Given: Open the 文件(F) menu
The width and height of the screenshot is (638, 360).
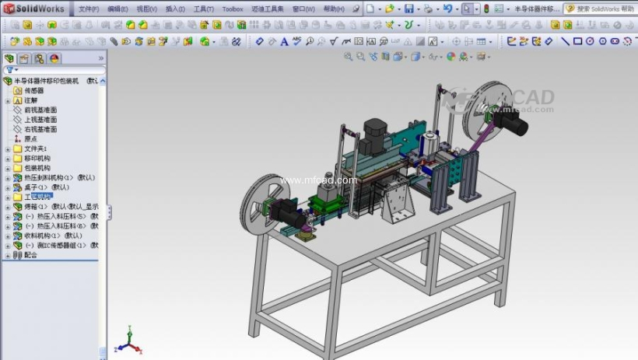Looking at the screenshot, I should click(x=89, y=9).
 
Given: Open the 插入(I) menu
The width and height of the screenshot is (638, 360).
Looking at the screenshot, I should click(x=175, y=9).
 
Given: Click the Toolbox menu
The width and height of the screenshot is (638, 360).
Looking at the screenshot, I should click(x=233, y=9).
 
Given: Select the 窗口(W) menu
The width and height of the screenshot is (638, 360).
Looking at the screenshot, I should click(x=303, y=9).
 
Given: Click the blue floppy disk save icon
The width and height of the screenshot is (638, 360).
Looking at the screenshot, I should click(x=408, y=9).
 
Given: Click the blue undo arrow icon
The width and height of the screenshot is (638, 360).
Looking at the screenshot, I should click(x=447, y=9).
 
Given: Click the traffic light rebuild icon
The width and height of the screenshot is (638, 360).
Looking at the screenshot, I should click(x=486, y=9).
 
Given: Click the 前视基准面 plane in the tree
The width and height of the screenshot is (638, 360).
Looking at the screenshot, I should click(x=40, y=110).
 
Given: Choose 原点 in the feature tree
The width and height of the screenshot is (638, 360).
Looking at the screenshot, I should click(x=30, y=139).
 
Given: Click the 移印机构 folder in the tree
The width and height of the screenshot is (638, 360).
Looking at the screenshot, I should click(x=37, y=158).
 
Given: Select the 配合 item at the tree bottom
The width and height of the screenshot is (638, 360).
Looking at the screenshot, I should click(x=30, y=254).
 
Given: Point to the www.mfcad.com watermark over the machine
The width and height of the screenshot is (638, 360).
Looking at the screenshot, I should click(x=318, y=180).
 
